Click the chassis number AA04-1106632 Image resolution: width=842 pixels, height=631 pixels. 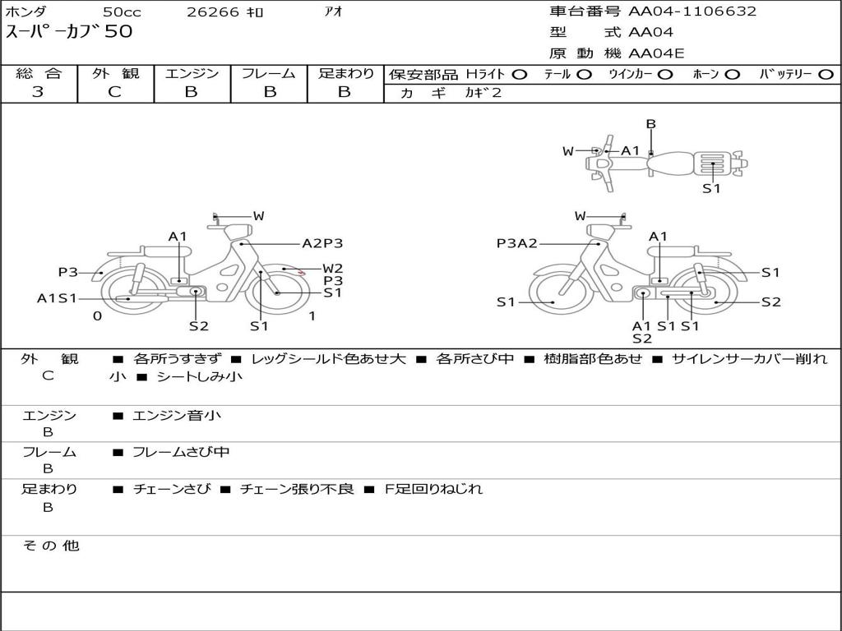pos(692,12)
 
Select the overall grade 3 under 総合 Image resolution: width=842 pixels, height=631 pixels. pos(38,92)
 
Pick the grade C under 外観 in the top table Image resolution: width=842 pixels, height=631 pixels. pos(114,92)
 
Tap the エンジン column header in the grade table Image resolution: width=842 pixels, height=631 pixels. pos(192,73)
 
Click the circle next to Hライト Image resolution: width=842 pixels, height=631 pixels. pos(520,75)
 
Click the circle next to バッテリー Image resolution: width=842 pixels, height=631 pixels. pos(826,75)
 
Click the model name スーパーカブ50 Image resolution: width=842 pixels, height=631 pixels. pos(69,32)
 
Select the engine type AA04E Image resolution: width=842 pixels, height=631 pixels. pos(656,53)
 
